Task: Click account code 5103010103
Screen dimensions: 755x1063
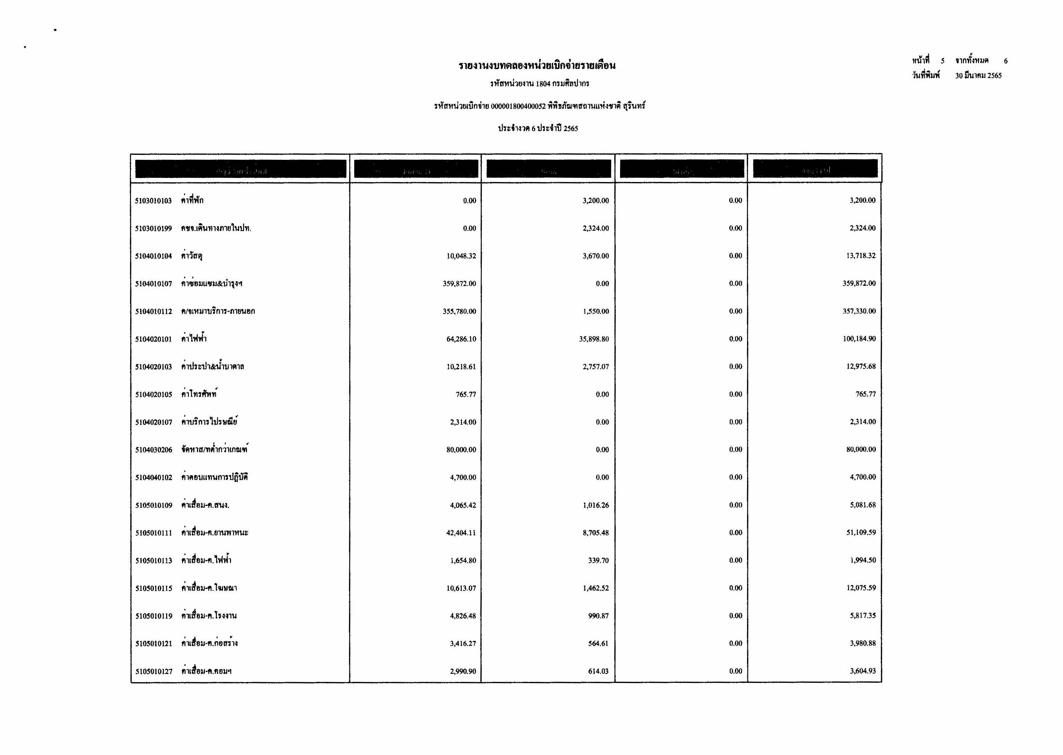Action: click(153, 201)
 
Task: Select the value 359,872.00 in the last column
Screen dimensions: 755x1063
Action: click(859, 284)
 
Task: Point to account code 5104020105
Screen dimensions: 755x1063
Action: click(153, 395)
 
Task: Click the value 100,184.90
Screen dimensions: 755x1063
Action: click(859, 339)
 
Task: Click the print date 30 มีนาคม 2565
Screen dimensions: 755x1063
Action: click(978, 76)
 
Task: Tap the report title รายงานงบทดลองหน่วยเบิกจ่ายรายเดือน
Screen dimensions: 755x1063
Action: click(537, 65)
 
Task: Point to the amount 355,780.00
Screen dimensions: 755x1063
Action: click(459, 312)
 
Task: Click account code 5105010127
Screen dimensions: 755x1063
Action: click(153, 671)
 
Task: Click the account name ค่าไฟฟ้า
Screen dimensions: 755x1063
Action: click(194, 339)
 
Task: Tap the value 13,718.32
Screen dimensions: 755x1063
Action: click(861, 256)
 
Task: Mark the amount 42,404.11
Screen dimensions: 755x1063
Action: click(461, 533)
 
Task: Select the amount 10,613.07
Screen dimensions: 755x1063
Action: click(461, 588)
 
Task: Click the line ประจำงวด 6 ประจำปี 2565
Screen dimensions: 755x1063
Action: click(538, 128)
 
